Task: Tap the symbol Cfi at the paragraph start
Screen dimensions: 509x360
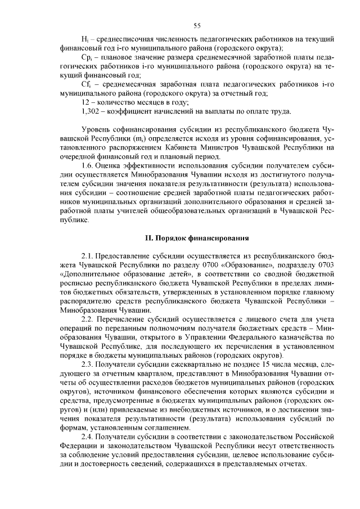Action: (x=85, y=84)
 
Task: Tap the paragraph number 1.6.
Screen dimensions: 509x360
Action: (x=88, y=165)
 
